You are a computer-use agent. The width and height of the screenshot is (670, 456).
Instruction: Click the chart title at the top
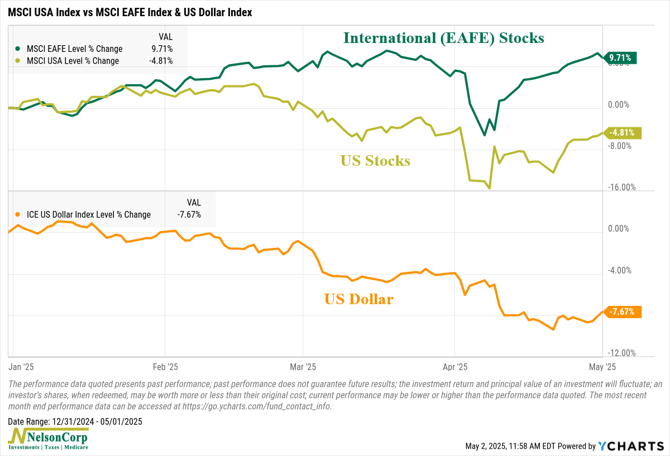[x=130, y=12]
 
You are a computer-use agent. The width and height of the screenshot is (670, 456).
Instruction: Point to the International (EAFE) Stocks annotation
[x=443, y=38]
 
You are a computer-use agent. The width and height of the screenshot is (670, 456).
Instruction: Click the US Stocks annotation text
[x=375, y=161]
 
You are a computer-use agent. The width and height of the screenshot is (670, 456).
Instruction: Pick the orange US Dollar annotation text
[x=358, y=299]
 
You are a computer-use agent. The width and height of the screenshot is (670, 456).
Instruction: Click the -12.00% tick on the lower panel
[x=622, y=353]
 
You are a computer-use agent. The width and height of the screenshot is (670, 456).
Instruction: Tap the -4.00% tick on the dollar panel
[x=620, y=271]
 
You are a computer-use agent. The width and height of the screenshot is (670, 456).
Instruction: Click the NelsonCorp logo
[x=48, y=439]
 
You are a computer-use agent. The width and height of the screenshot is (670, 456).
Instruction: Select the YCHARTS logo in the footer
[x=631, y=446]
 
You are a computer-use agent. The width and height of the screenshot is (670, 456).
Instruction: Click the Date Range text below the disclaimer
[x=75, y=421]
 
